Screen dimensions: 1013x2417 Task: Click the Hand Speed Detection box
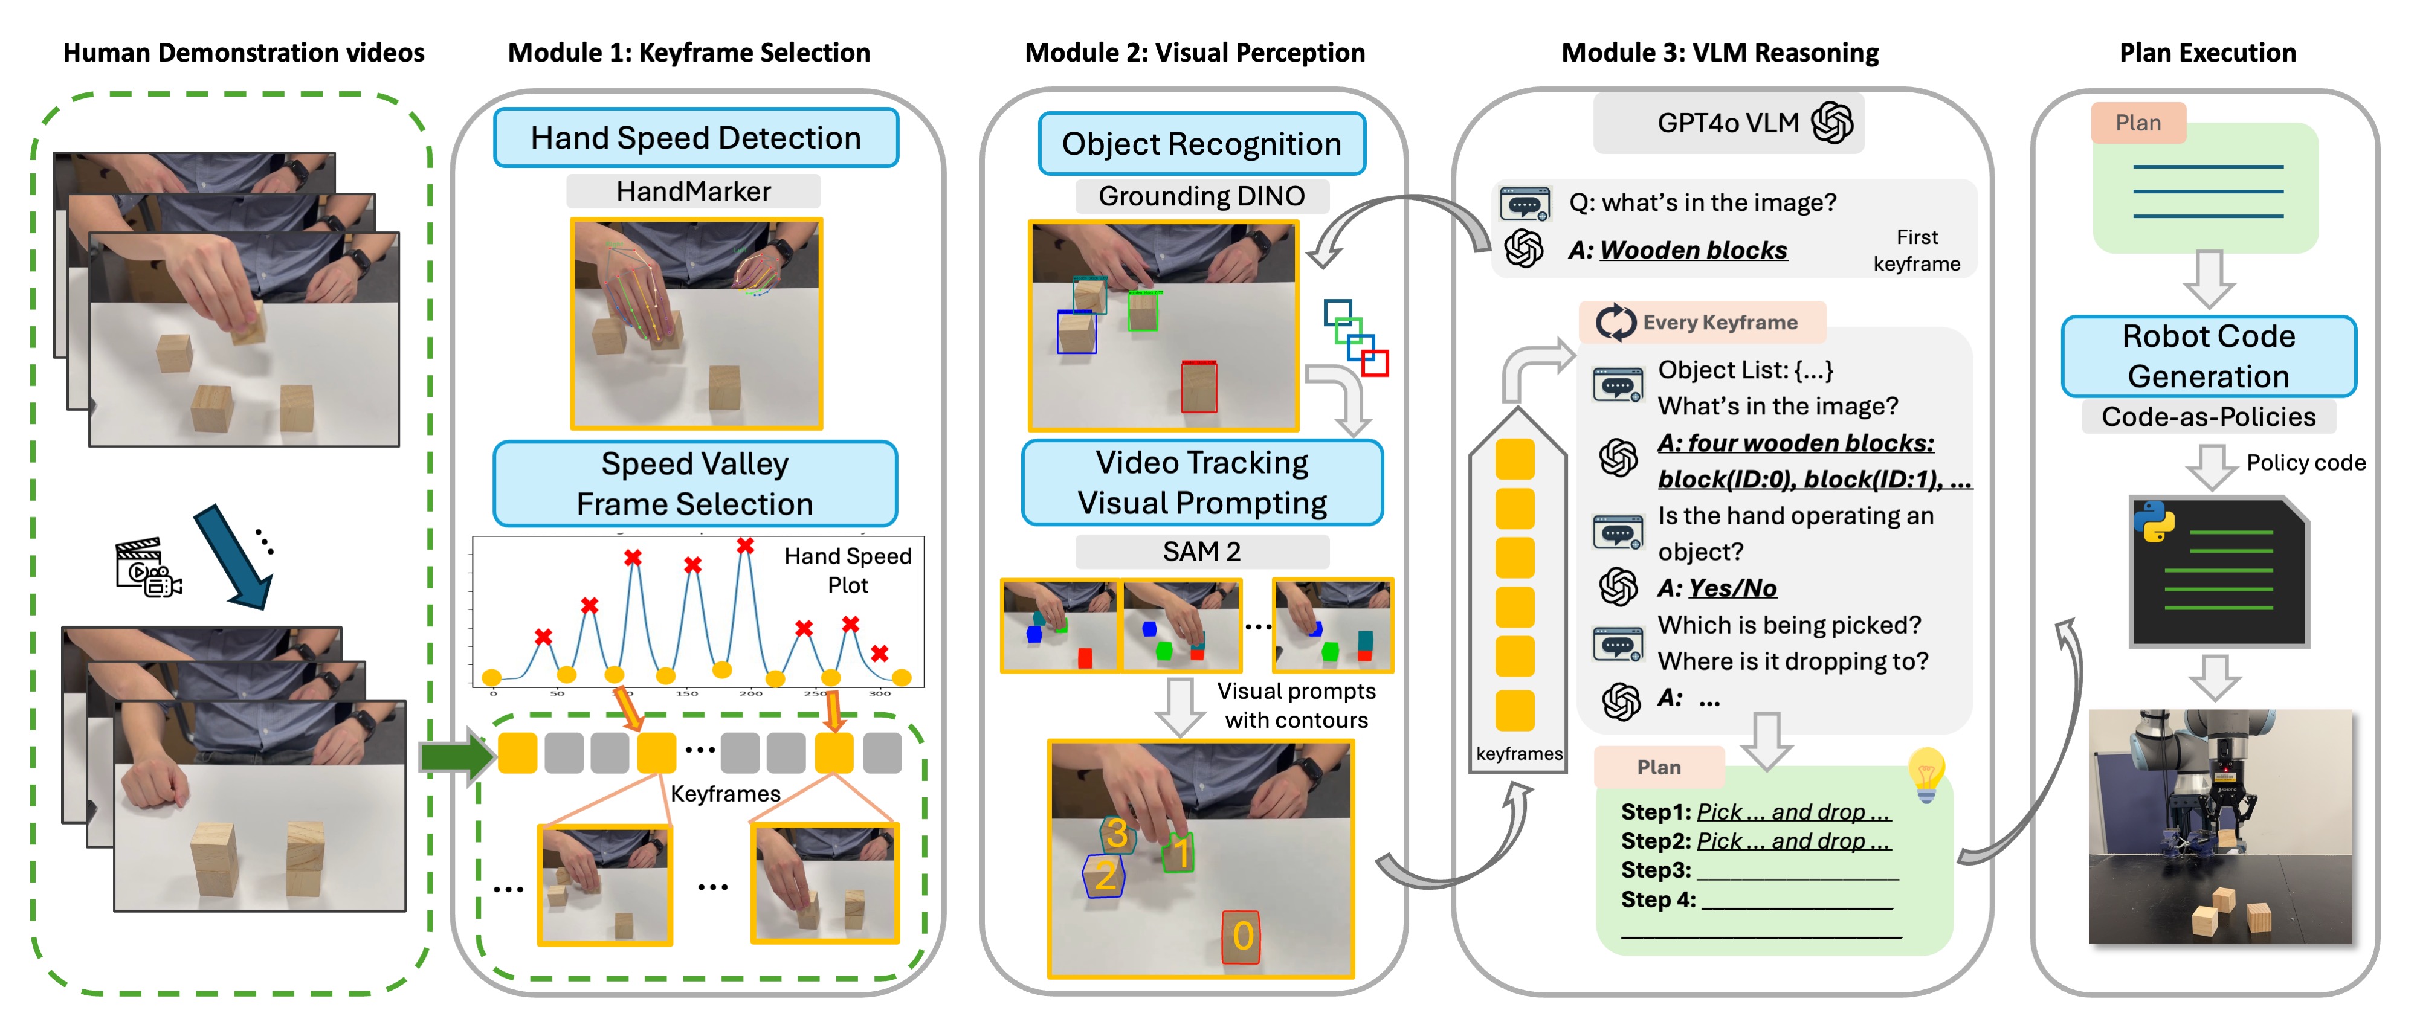[695, 138]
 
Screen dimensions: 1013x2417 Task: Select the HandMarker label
[694, 191]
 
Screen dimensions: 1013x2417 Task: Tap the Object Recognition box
[1201, 144]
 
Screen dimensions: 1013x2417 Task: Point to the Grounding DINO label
[1201, 196]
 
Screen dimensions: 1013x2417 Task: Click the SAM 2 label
[1201, 552]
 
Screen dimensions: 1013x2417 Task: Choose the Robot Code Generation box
[2208, 356]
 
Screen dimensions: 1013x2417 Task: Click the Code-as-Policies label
[2208, 416]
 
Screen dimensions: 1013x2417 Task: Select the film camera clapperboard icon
[147, 567]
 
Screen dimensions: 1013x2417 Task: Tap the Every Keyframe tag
[1702, 323]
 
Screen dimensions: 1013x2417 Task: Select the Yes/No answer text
[1732, 588]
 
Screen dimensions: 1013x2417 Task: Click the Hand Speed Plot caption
[847, 570]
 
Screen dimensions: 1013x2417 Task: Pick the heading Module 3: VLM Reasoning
[1719, 53]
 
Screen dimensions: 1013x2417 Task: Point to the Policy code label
[2305, 463]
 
